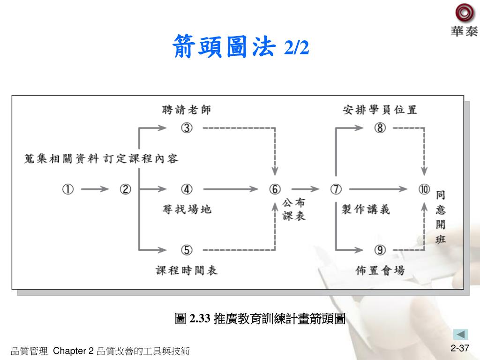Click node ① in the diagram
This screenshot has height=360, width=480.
pyautogui.click(x=68, y=189)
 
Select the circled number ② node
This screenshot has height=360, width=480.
pyautogui.click(x=126, y=189)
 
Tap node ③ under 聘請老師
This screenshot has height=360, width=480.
pyautogui.click(x=187, y=127)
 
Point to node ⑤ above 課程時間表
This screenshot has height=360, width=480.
pyautogui.click(x=187, y=250)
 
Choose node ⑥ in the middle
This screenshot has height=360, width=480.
pyautogui.click(x=275, y=189)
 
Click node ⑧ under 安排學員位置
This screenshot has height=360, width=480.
pyautogui.click(x=380, y=127)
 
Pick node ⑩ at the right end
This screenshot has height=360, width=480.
pyautogui.click(x=424, y=189)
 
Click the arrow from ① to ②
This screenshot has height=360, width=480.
pyautogui.click(x=96, y=189)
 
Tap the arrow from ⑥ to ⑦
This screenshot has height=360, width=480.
pyautogui.click(x=305, y=189)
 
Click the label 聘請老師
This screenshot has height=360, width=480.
pyautogui.click(x=187, y=110)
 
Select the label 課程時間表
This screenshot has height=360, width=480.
pyautogui.click(x=187, y=270)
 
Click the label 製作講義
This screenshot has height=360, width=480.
pyautogui.click(x=366, y=209)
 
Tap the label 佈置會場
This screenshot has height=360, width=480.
pyautogui.click(x=380, y=270)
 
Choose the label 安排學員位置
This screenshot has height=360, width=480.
pyautogui.click(x=380, y=110)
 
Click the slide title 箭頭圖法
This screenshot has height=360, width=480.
pyautogui.click(x=224, y=47)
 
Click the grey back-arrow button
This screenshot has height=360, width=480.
pyautogui.click(x=460, y=334)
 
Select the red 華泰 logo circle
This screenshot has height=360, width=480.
pyautogui.click(x=464, y=13)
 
